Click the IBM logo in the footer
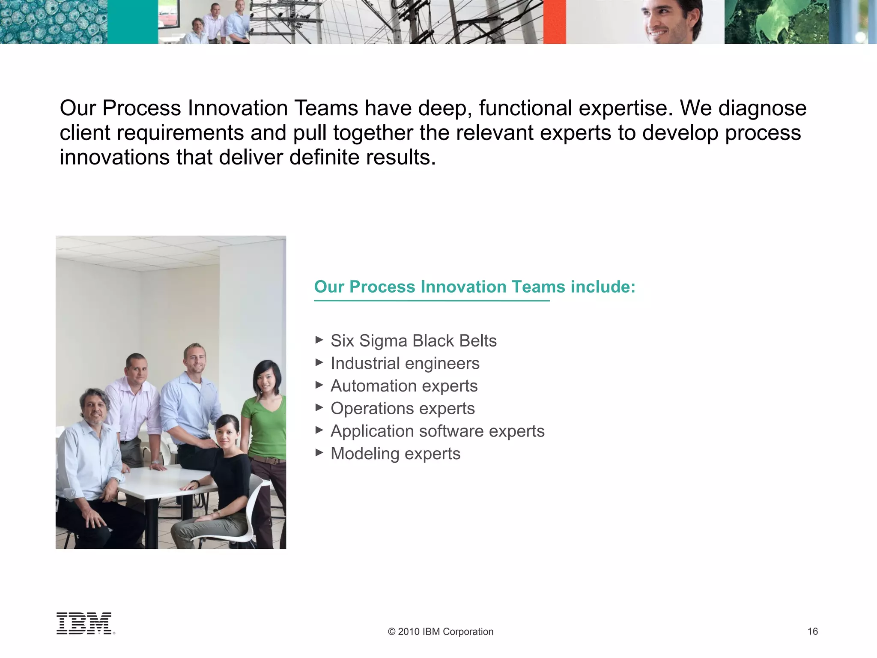click(85, 623)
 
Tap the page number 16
click(812, 631)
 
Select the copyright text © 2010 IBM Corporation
click(440, 632)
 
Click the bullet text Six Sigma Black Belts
click(413, 341)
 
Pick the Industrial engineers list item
click(405, 364)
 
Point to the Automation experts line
click(404, 386)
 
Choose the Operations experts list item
click(403, 409)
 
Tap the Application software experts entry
click(437, 431)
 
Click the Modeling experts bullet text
click(395, 454)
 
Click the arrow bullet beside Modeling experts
click(319, 452)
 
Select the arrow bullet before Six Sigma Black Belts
click(319, 340)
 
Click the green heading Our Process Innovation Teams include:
click(474, 287)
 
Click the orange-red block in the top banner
click(555, 21)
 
